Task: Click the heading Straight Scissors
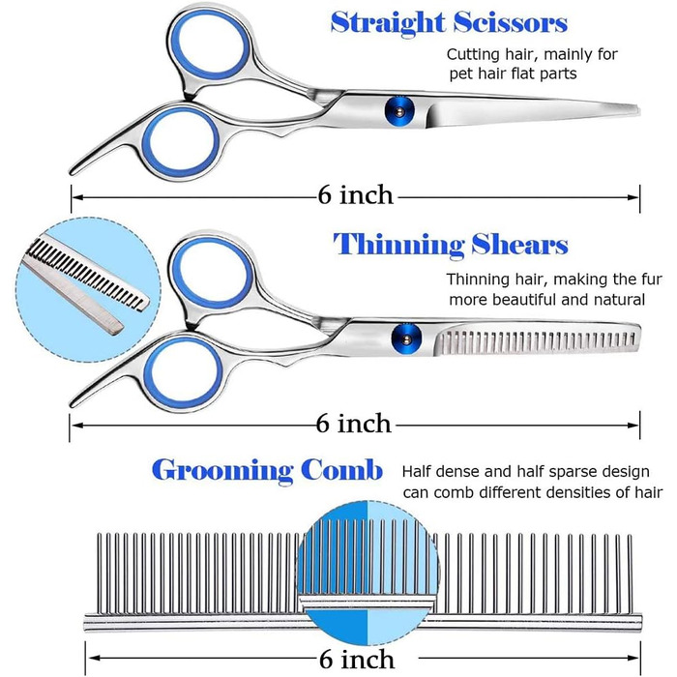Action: pos(449,22)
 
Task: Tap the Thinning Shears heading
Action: pos(451,245)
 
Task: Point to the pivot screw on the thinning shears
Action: pos(401,337)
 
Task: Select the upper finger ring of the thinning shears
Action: pos(205,273)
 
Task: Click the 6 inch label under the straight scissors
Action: pos(355,195)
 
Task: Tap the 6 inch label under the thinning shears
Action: pos(355,424)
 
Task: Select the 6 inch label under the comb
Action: pos(355,660)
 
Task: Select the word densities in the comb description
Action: pos(567,492)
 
